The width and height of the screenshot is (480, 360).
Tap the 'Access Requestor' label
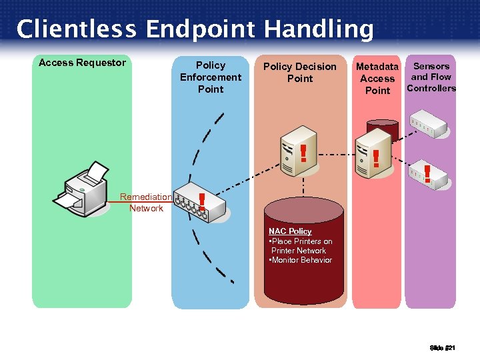tap(82, 63)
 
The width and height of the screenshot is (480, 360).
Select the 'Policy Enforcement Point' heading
tap(211, 77)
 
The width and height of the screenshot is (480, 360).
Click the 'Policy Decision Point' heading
tap(300, 72)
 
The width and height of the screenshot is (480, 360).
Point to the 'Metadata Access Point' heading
tap(377, 78)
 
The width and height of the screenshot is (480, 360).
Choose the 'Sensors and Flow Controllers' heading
tap(431, 77)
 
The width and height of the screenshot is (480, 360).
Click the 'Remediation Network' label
tap(146, 203)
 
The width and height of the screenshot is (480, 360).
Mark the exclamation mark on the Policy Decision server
tap(303, 153)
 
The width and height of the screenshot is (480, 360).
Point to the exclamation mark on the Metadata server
tap(376, 158)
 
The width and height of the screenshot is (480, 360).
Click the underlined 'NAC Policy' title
tap(290, 231)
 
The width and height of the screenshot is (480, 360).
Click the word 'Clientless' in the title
tap(75, 29)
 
